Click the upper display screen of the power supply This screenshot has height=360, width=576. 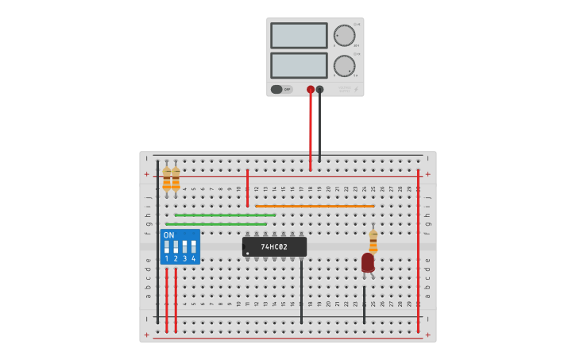pyautogui.click(x=299, y=36)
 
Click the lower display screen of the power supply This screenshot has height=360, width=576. pyautogui.click(x=299, y=65)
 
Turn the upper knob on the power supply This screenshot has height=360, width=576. pyautogui.click(x=344, y=36)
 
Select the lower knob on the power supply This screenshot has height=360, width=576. pyautogui.click(x=344, y=66)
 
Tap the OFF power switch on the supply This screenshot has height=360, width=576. pyautogui.click(x=281, y=89)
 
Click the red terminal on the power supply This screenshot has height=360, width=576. pyautogui.click(x=311, y=90)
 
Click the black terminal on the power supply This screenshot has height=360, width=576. pyautogui.click(x=319, y=90)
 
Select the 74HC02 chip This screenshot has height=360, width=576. pyautogui.click(x=274, y=247)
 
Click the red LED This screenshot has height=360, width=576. pyautogui.click(x=367, y=262)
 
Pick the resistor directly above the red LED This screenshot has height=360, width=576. pyautogui.click(x=373, y=240)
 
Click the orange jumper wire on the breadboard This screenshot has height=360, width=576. pyautogui.click(x=315, y=206)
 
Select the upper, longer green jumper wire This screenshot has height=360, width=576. pyautogui.click(x=225, y=215)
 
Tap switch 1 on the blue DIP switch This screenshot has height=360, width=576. pyautogui.click(x=167, y=246)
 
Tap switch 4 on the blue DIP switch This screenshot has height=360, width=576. pyautogui.click(x=193, y=246)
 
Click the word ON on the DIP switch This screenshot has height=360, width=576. pyautogui.click(x=168, y=235)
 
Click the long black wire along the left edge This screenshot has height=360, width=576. pyautogui.click(x=157, y=238)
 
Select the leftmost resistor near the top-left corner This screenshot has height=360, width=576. pyautogui.click(x=166, y=179)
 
